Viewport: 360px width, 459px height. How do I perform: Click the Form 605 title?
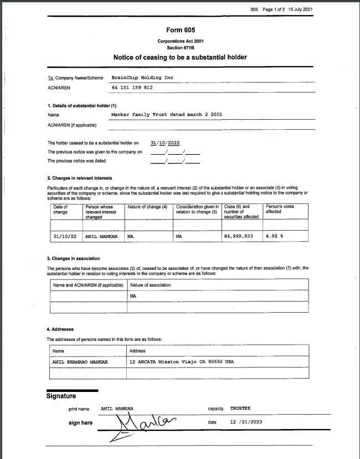pyautogui.click(x=180, y=29)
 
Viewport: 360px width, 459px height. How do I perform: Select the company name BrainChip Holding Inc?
pyautogui.click(x=142, y=78)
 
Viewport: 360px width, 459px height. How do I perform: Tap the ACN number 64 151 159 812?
pyautogui.click(x=132, y=88)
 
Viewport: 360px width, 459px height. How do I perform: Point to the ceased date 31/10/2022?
pyautogui.click(x=165, y=142)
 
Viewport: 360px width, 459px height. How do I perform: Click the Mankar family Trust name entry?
pyautogui.click(x=167, y=115)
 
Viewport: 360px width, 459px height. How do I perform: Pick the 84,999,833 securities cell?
pyautogui.click(x=239, y=236)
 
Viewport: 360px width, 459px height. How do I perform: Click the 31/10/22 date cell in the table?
pyautogui.click(x=63, y=236)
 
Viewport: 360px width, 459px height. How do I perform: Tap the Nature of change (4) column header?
pyautogui.click(x=147, y=207)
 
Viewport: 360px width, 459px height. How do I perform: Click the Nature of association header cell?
pyautogui.click(x=150, y=285)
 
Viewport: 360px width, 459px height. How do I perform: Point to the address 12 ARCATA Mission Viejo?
pyautogui.click(x=181, y=361)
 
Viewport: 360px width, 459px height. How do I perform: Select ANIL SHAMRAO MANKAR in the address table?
pyautogui.click(x=80, y=361)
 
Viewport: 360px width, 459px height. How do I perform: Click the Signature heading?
pyautogui.click(x=61, y=396)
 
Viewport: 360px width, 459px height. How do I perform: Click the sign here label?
pyautogui.click(x=80, y=423)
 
